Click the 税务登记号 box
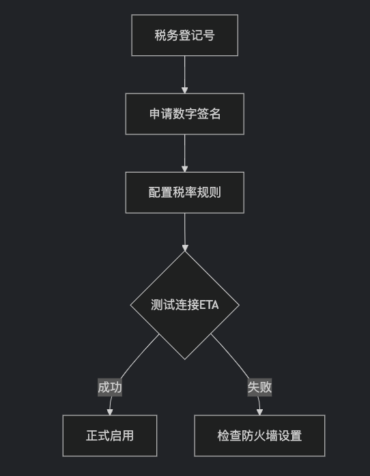(x=185, y=35)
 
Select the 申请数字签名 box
(x=185, y=114)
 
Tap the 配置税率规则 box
(x=185, y=192)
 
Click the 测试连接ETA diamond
(x=185, y=305)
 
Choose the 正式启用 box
(x=110, y=436)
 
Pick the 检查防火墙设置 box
(x=259, y=436)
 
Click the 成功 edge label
(x=110, y=387)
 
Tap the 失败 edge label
(x=259, y=387)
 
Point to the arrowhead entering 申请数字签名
(x=185, y=90)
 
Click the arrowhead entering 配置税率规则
(x=185, y=169)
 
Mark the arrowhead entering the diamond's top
(x=185, y=248)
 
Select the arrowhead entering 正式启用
(x=110, y=412)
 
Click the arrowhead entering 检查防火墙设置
(x=259, y=412)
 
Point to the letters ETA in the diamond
(x=209, y=305)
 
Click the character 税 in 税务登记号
(x=160, y=35)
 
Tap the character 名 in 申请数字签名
(x=215, y=114)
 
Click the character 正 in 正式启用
(x=91, y=436)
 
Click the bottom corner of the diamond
(x=185, y=360)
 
